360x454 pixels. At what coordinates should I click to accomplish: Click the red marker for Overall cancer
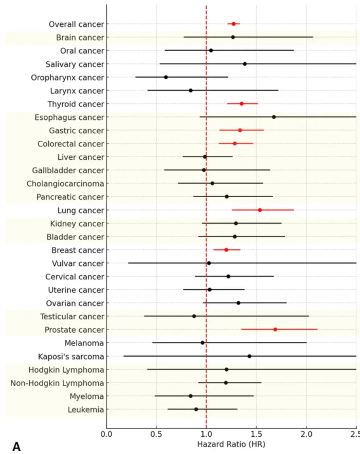point(234,24)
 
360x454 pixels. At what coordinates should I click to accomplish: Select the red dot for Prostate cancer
point(275,329)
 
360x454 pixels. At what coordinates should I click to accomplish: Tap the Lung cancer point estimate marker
point(260,210)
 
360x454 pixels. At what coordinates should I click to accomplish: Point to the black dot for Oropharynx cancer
point(166,77)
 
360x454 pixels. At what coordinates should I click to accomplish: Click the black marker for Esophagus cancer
point(274,117)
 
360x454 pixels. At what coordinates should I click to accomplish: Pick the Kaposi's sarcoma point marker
point(249,356)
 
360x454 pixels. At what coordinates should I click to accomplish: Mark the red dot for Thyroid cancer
point(242,104)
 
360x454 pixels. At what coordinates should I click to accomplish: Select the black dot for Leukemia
point(196,409)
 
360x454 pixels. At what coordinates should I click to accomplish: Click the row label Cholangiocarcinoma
point(65,184)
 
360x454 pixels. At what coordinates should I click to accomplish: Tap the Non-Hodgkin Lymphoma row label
point(57,383)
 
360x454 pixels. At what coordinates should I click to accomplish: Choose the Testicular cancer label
point(72,317)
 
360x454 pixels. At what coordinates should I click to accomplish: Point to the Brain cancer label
point(80,38)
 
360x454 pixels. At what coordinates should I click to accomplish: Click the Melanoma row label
point(84,343)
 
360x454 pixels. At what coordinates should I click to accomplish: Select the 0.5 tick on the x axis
point(156,434)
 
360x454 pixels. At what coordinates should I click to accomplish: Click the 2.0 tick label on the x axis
point(306,434)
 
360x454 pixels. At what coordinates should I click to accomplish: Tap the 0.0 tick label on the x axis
point(106,434)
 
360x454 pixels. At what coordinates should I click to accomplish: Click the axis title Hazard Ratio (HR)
point(231,445)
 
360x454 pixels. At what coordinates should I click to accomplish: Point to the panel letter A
point(17,446)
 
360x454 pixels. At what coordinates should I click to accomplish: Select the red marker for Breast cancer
point(226,250)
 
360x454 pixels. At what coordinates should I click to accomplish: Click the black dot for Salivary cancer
point(245,64)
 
